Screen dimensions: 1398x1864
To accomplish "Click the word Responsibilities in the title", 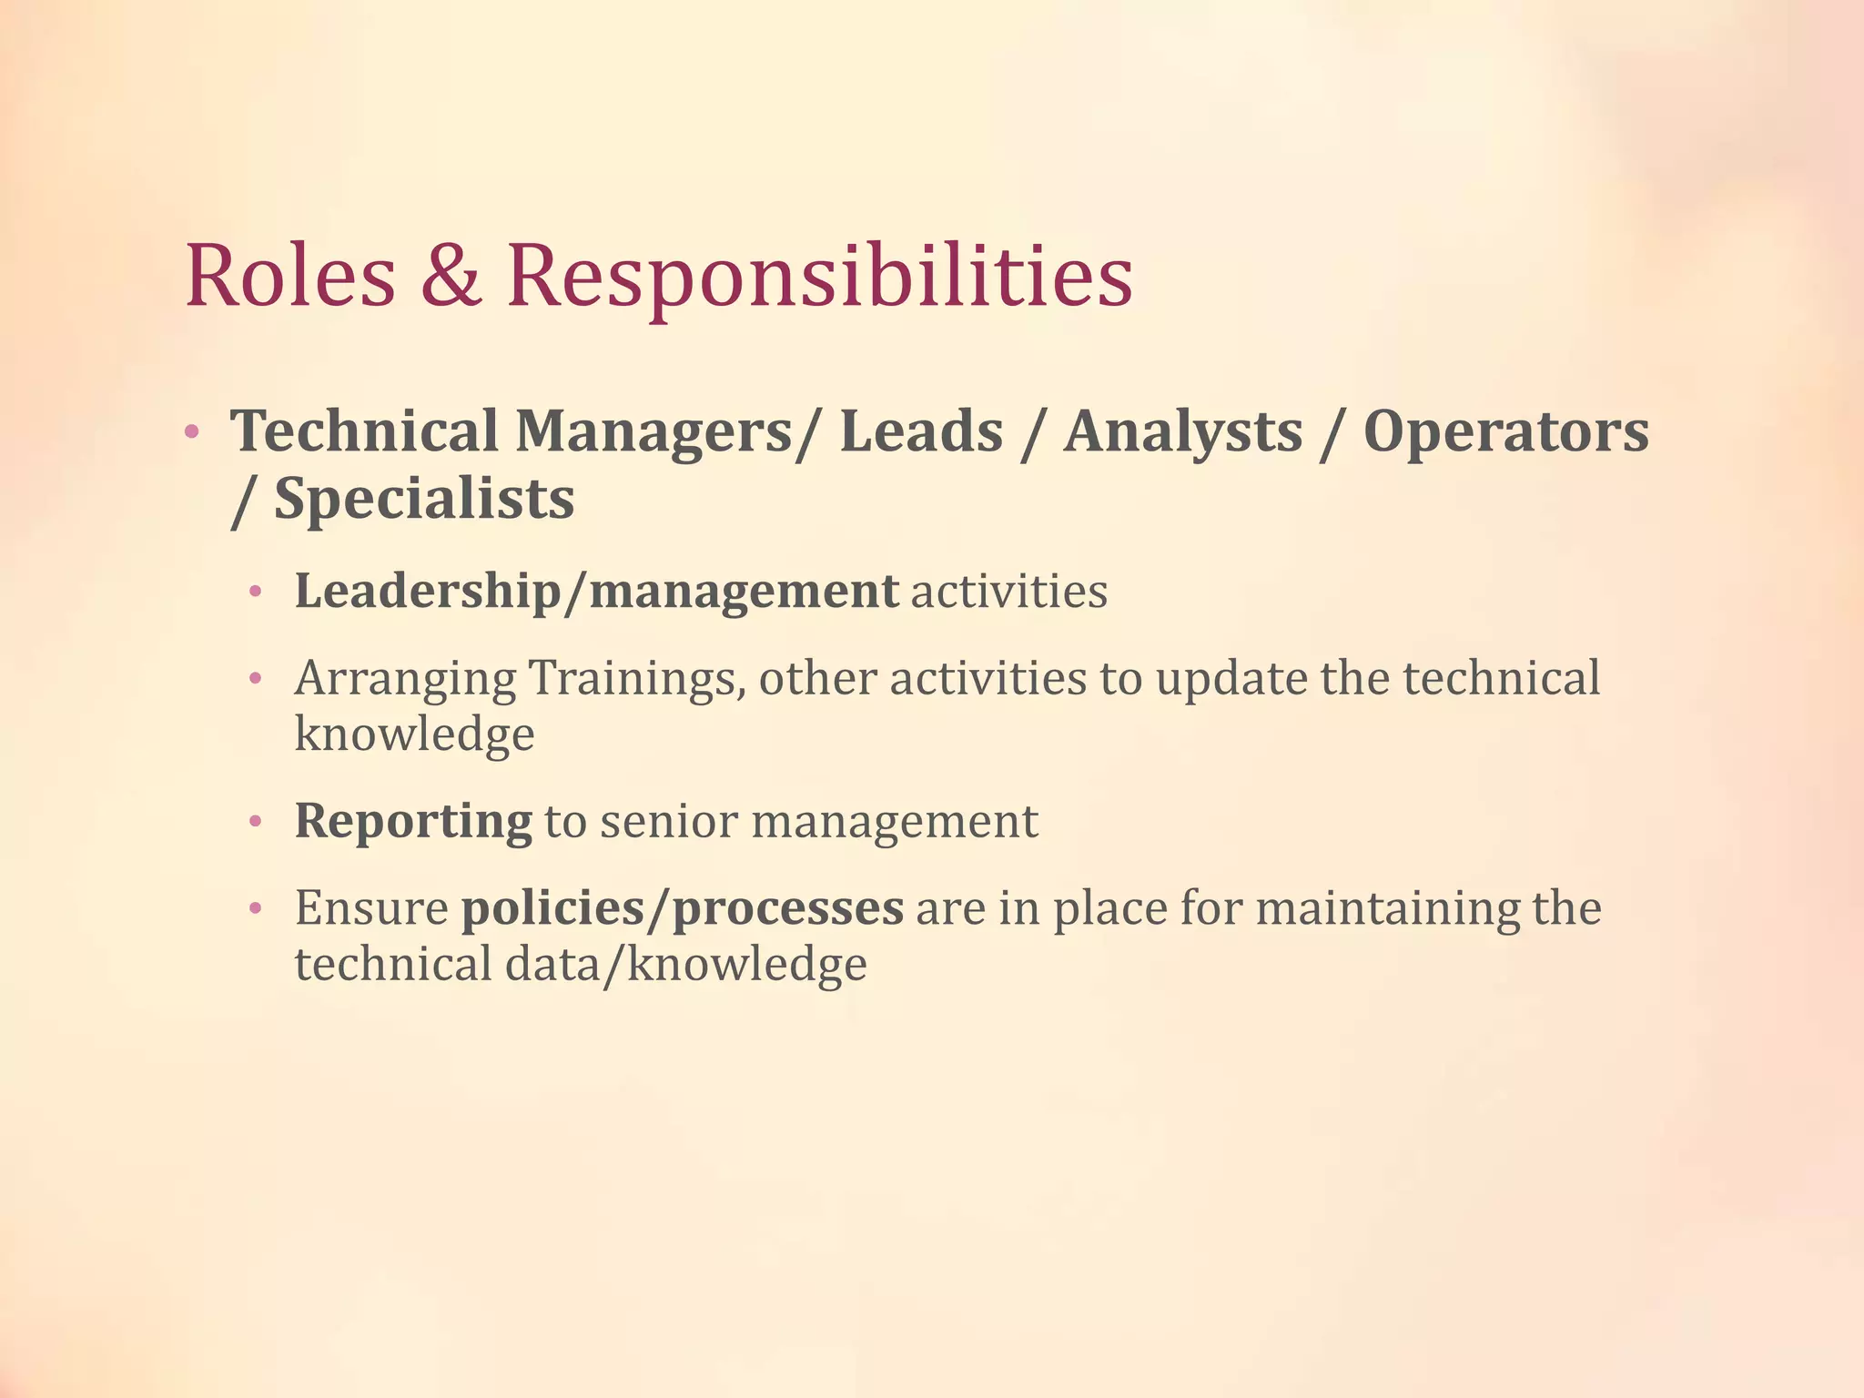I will (819, 278).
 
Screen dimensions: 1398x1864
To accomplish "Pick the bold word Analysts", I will (1183, 432).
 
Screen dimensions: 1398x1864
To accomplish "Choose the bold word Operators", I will (1505, 432).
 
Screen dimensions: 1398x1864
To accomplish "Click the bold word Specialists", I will (424, 500).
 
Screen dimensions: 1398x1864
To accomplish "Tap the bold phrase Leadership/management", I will (596, 593).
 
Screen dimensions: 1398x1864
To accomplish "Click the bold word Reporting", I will (413, 822).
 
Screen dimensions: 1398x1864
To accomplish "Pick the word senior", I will (669, 822).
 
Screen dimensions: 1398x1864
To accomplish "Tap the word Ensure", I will (371, 908).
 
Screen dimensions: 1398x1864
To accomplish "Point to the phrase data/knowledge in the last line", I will (685, 966).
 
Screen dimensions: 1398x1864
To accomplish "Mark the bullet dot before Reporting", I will (256, 823).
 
